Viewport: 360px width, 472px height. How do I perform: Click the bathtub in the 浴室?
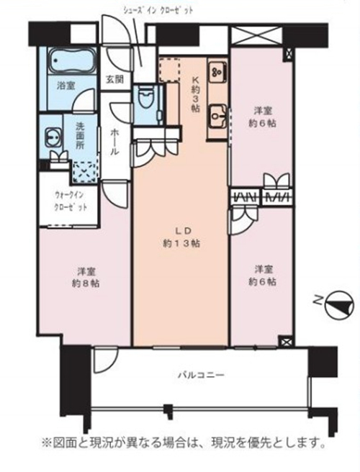[x=72, y=61]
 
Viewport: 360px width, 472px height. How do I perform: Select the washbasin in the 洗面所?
[x=53, y=137]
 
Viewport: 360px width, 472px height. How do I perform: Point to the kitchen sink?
[x=217, y=116]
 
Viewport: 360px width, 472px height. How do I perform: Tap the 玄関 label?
[x=114, y=79]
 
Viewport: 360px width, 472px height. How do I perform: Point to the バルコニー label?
[x=201, y=376]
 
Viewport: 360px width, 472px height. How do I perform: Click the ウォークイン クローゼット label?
[x=71, y=201]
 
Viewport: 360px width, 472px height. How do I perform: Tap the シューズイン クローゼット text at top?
[x=158, y=11]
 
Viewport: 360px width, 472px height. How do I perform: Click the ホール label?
[x=114, y=142]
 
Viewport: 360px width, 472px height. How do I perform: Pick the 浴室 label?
[x=66, y=86]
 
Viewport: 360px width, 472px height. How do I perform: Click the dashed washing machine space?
[x=85, y=172]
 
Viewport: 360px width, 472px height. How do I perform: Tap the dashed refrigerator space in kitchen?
[x=170, y=71]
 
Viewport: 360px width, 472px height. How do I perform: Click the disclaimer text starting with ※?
[x=184, y=442]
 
